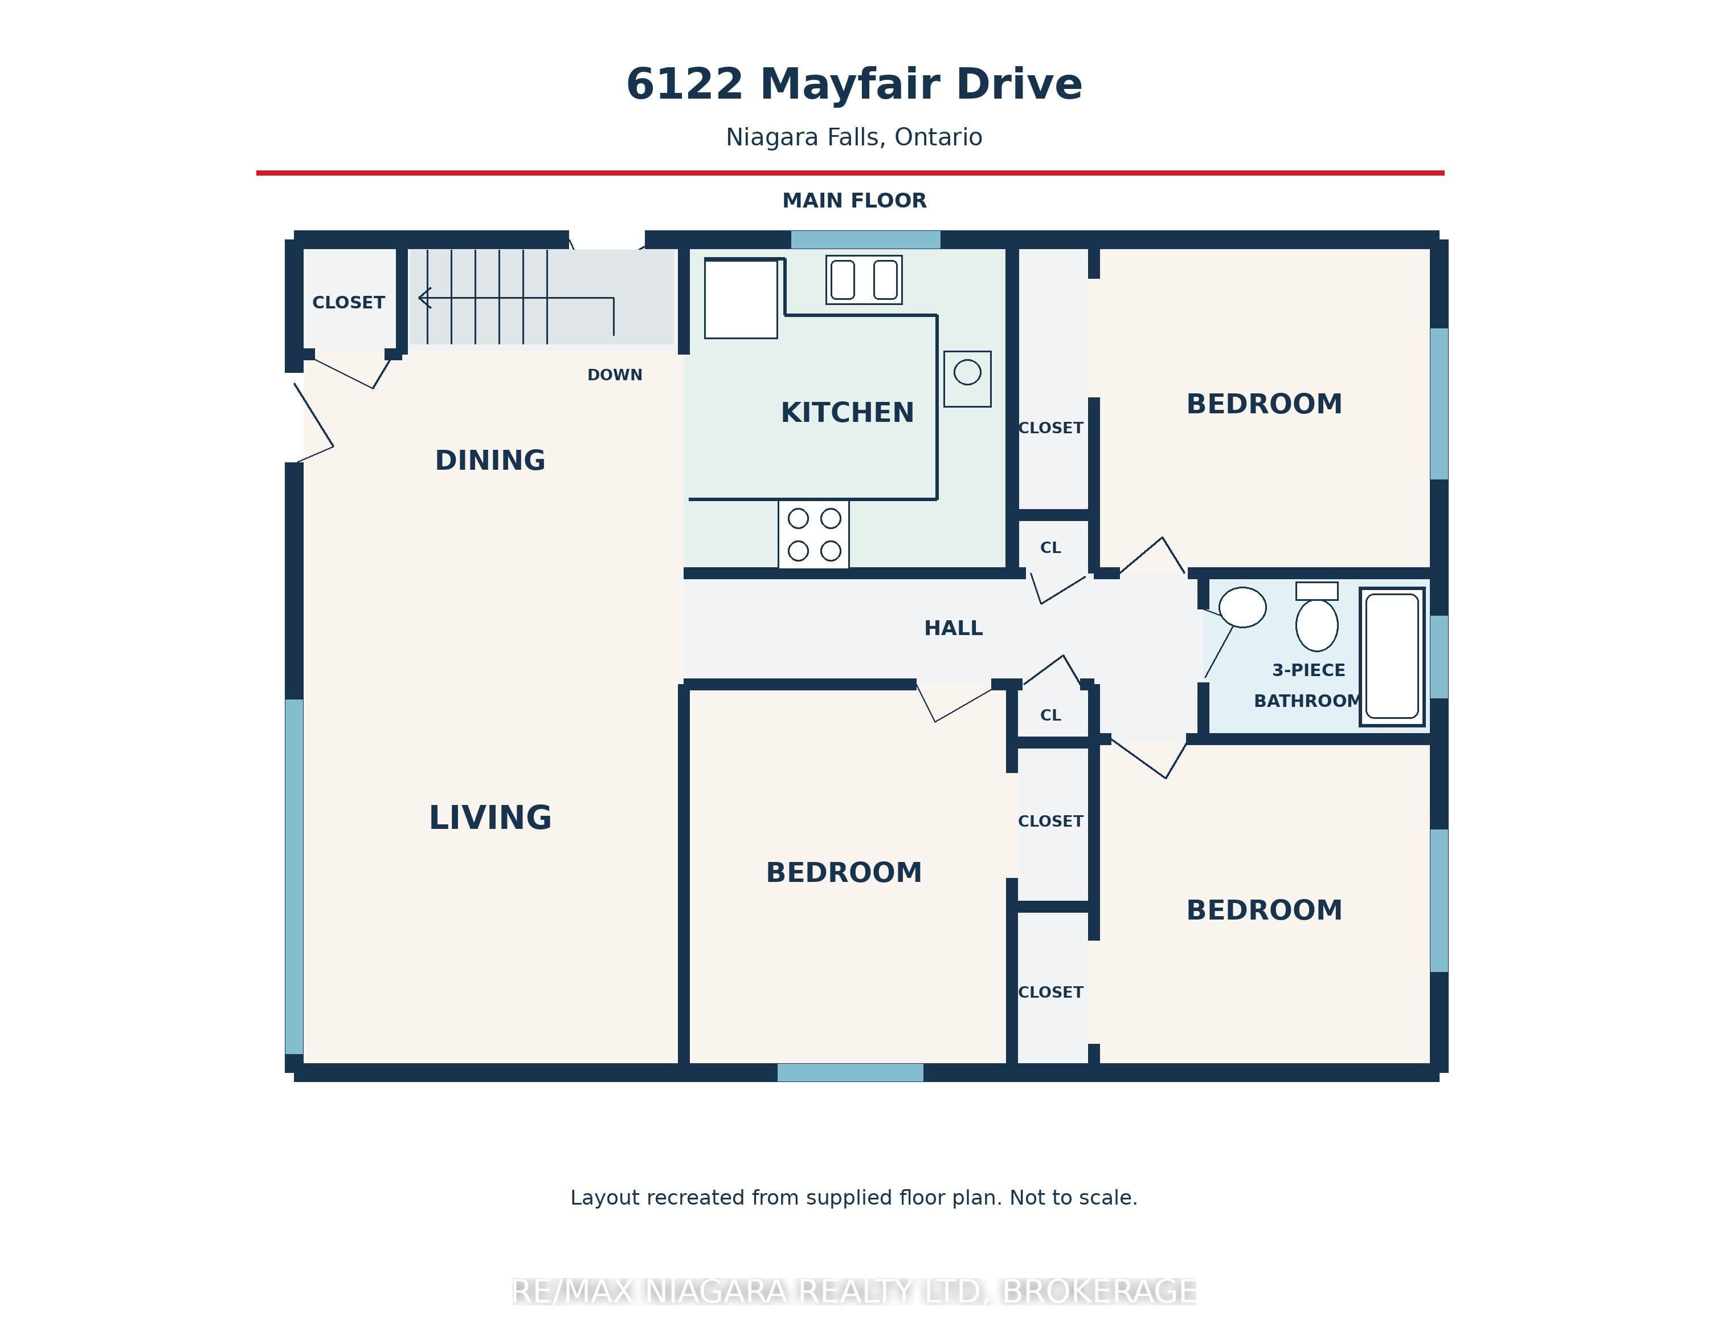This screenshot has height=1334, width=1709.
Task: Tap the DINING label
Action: tap(490, 460)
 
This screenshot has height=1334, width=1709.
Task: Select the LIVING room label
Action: tap(490, 818)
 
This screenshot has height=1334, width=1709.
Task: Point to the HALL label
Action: tap(953, 628)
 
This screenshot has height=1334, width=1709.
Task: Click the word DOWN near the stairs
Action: tap(615, 375)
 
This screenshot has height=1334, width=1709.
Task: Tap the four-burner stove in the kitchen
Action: tap(814, 534)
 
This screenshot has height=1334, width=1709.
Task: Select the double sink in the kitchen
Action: tap(864, 279)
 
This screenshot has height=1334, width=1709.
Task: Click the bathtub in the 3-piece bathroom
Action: tap(1392, 657)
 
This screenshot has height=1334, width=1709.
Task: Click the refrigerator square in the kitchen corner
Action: tap(741, 299)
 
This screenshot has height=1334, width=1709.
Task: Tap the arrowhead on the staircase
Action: tap(425, 298)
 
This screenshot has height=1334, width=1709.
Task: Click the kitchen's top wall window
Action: tap(865, 239)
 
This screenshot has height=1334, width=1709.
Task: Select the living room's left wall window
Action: tap(294, 877)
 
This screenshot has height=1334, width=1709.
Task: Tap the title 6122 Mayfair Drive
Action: tap(854, 84)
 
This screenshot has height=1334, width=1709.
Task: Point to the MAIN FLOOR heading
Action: tap(854, 201)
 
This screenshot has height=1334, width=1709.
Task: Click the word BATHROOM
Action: tap(1307, 701)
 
